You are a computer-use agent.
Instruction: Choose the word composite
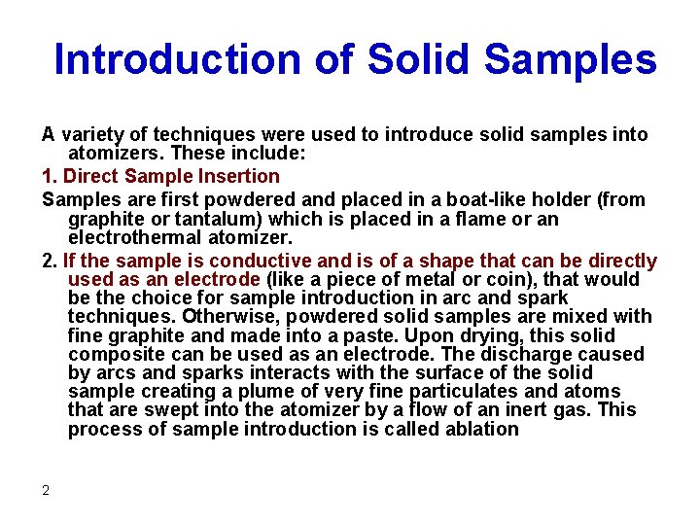click(x=114, y=354)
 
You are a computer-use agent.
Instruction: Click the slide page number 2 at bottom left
click(x=46, y=490)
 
